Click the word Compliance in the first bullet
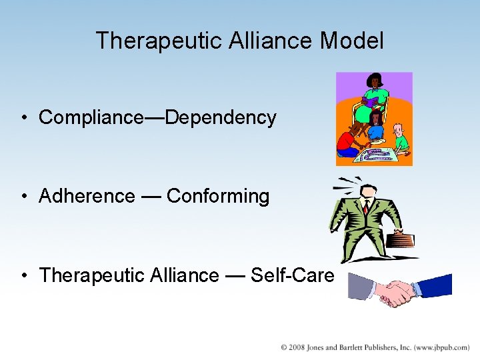(x=91, y=117)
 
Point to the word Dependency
(x=221, y=117)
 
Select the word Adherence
(x=87, y=196)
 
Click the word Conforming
(x=218, y=196)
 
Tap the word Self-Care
(x=292, y=275)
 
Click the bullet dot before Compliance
(x=23, y=119)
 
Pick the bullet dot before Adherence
(x=23, y=197)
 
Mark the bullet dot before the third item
(x=23, y=276)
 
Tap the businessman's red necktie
(x=366, y=207)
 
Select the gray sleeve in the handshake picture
(x=361, y=287)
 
